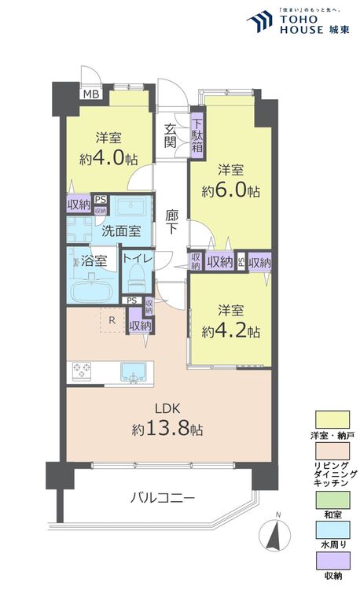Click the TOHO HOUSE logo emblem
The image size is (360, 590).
coord(258,21)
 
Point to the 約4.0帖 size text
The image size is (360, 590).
coord(103,157)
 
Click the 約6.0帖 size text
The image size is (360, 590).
coord(229,190)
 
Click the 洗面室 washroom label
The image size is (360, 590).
coord(121,230)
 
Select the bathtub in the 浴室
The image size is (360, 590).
coord(93,289)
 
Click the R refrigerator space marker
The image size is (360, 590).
coord(112,320)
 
